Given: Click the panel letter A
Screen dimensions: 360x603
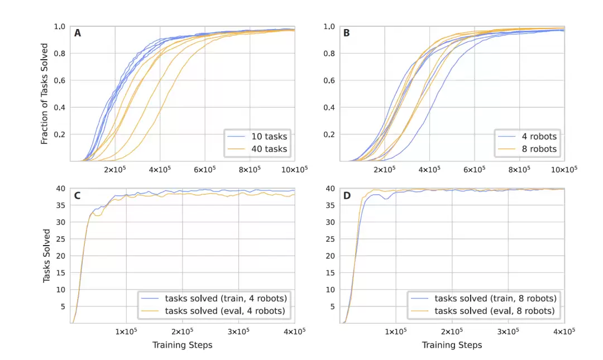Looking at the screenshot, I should coord(78,33).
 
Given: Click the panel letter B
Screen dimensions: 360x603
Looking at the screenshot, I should coord(347,33).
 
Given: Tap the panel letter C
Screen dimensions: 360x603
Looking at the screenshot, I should coord(78,196).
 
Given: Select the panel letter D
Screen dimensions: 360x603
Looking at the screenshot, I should coord(347,196).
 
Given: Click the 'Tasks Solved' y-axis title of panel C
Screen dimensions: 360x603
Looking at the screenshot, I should coord(47,256).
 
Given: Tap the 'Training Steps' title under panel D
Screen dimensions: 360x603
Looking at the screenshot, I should coord(452,345).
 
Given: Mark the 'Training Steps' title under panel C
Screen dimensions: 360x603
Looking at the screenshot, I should coord(182,345).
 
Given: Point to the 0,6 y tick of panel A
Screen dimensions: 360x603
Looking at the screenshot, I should coord(60,80).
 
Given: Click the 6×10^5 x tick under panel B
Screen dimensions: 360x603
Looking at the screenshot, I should coord(474,169).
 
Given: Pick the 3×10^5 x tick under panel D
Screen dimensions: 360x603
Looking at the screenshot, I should coord(508,331).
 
